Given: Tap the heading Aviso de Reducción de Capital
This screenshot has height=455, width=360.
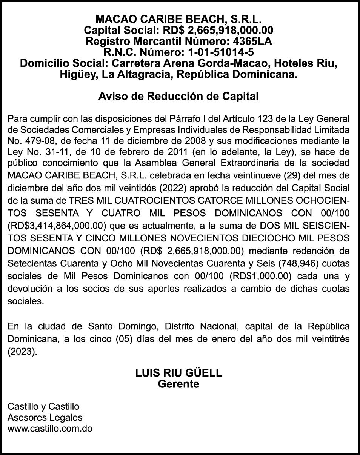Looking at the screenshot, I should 178,96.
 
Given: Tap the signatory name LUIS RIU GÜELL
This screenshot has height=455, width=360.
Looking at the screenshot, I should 178,373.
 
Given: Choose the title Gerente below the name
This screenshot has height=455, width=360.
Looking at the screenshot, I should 178,384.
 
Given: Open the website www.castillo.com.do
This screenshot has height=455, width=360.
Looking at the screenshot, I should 50,429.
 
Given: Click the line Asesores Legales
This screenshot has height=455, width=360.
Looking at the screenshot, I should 45,418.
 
